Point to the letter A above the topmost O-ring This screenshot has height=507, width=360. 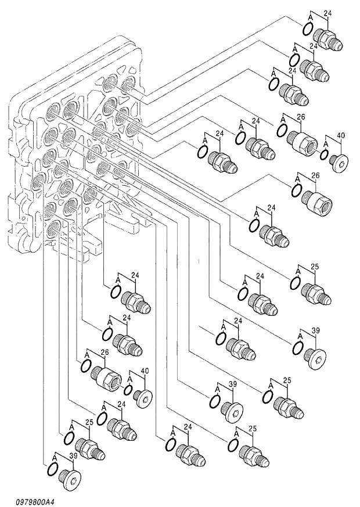point(311,19)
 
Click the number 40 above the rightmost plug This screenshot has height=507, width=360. point(340,136)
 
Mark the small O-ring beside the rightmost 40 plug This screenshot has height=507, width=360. point(325,156)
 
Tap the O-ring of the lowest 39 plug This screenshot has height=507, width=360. point(52,474)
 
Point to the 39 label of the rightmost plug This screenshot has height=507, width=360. point(316,330)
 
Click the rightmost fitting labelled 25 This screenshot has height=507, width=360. point(317,294)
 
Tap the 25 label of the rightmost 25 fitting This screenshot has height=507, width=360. point(315,267)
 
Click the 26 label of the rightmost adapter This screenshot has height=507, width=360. point(315,175)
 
